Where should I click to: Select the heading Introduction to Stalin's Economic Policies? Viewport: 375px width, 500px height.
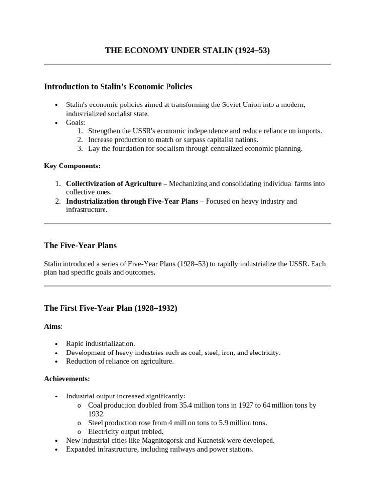pos(118,87)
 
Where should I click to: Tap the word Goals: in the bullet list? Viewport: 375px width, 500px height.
pos(76,123)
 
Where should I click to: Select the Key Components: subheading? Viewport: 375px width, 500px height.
pos(72,166)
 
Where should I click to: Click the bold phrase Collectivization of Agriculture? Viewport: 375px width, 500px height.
pos(113,184)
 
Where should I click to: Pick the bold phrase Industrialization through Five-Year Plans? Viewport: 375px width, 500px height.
pos(132,201)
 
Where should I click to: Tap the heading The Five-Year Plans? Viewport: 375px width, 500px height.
pos(81,246)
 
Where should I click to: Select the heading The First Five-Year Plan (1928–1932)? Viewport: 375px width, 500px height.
pos(111,308)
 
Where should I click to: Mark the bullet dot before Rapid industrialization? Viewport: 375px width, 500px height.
pos(57,344)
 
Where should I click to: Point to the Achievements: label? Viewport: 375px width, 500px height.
pos(67,379)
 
